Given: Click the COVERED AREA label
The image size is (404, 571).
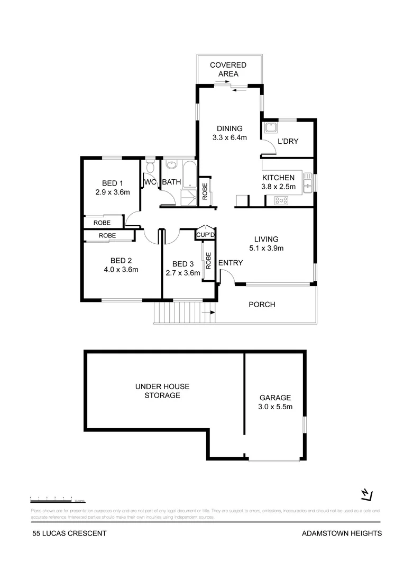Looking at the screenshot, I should pos(228,69).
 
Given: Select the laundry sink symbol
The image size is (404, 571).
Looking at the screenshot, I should pos(270,128).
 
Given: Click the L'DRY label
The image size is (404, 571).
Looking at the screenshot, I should pos(288,141).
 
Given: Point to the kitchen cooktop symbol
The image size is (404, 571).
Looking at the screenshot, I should pos(281,200).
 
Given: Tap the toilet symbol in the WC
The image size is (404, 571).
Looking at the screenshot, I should pos(150,168).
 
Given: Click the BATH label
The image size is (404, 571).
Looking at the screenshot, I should pos(171,182).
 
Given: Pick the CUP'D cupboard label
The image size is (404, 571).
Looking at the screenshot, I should pos(205,235).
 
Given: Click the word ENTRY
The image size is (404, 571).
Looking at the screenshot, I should pos(230,263).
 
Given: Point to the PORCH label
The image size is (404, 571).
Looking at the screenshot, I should pos(262,305).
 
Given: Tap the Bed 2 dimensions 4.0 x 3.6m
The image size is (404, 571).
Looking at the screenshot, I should pos(121,270).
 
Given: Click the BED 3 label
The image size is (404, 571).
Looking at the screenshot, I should pos(183,264).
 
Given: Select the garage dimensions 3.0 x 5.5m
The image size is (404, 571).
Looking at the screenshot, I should pos(275,407).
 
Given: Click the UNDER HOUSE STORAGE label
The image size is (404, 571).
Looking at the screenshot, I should pos(162,391).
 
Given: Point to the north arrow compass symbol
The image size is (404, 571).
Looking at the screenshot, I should pos(366,494).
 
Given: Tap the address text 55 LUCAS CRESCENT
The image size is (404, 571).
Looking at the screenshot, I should pos(69,533).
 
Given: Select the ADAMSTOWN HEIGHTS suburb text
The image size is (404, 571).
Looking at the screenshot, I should pos(341,533).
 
